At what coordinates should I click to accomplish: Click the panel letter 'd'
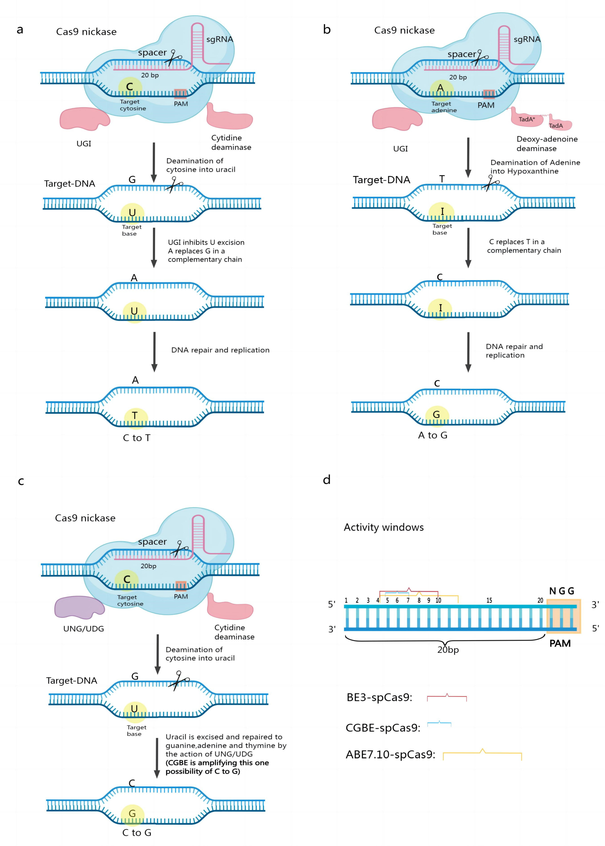point(327,480)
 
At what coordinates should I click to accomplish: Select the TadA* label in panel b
point(526,119)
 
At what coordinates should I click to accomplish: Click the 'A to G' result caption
point(433,435)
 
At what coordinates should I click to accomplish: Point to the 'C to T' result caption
point(137,438)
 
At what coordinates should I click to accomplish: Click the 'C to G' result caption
point(137,833)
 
